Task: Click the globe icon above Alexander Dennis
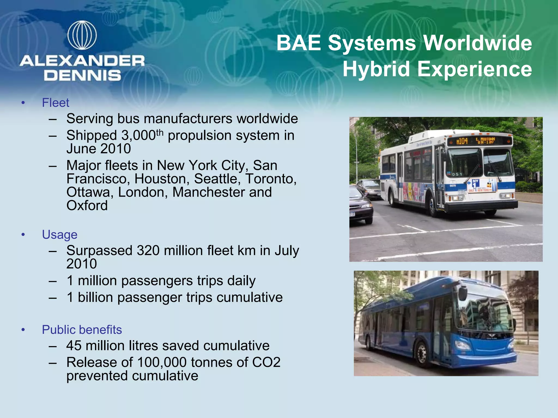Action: pyautogui.click(x=82, y=35)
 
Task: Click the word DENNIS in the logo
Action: pyautogui.click(x=82, y=75)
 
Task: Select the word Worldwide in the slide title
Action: pyautogui.click(x=477, y=43)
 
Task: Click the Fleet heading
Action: pyautogui.click(x=56, y=103)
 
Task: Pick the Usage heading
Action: pyautogui.click(x=60, y=235)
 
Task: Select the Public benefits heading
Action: pyautogui.click(x=82, y=330)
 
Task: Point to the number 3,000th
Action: pyautogui.click(x=142, y=135)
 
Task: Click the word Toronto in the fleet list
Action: pyautogui.click(x=271, y=179)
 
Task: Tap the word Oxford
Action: pyautogui.click(x=87, y=205)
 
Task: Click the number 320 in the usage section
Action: pyautogui.click(x=148, y=250)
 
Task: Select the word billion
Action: pyautogui.click(x=95, y=297)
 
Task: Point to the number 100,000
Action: pyautogui.click(x=162, y=362)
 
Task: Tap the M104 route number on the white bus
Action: pyautogui.click(x=462, y=141)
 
